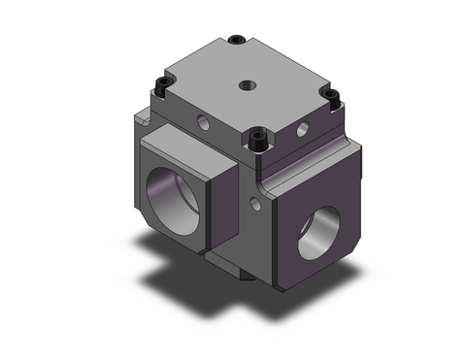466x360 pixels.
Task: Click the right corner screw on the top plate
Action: pos(331,95)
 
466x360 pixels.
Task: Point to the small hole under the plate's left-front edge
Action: pos(204,123)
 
